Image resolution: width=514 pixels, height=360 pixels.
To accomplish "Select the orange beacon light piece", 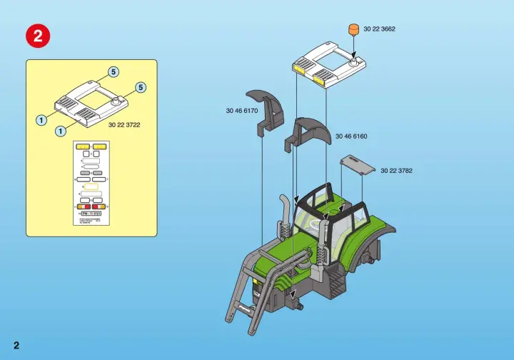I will [x=352, y=31].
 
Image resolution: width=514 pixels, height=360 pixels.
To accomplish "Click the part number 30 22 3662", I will [x=379, y=29].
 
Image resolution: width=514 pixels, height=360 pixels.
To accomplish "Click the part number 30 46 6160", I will [x=351, y=136].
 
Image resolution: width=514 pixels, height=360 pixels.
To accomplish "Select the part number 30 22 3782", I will [x=396, y=171].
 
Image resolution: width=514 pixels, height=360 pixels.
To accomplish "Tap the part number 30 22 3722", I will [x=124, y=125].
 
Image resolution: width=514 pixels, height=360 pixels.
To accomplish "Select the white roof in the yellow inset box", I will [x=89, y=104].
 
